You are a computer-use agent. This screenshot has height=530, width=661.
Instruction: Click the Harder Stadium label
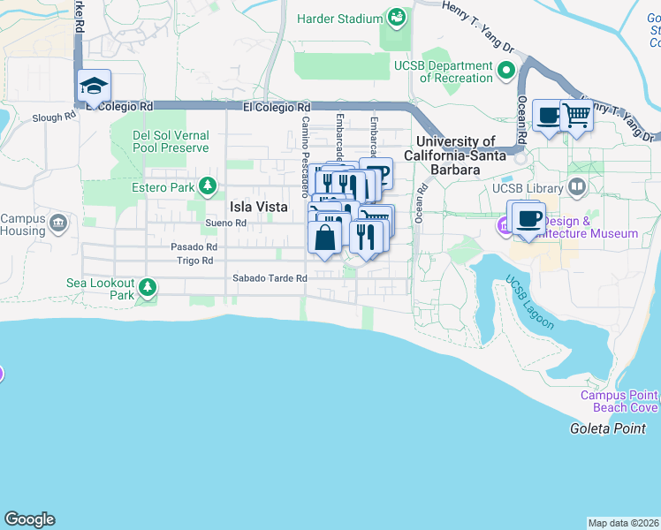(340, 19)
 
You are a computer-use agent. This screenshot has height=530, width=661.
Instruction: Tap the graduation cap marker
(94, 87)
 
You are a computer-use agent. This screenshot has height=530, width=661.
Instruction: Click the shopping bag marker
(324, 237)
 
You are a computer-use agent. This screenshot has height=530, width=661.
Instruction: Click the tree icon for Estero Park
(208, 186)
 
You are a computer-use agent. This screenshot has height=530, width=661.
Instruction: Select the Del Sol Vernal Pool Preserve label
(171, 141)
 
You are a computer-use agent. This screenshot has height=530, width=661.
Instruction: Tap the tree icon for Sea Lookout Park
(147, 288)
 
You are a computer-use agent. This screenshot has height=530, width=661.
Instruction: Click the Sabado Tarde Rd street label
(269, 278)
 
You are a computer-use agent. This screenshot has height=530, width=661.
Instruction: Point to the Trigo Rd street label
(194, 261)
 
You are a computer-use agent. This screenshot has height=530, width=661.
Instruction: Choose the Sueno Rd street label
(224, 223)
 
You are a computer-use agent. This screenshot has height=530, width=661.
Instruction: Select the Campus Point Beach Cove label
(619, 401)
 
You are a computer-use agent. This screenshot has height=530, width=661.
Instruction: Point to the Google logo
(29, 519)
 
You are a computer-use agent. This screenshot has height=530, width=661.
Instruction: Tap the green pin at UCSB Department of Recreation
(506, 70)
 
